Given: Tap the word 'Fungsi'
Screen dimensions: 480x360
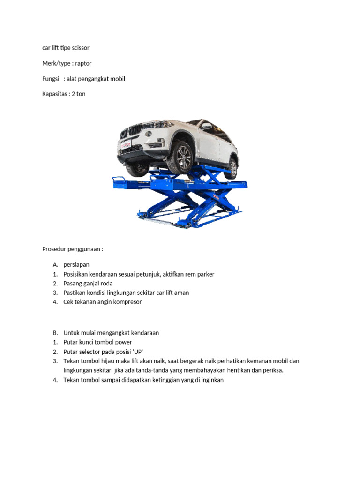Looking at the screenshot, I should pyautogui.click(x=51, y=79).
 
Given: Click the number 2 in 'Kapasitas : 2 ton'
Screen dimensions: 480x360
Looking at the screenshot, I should pyautogui.click(x=74, y=94).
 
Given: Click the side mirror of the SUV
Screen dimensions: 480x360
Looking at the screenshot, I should pyautogui.click(x=206, y=127).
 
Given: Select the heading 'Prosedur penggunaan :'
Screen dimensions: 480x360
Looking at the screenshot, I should pyautogui.click(x=72, y=249).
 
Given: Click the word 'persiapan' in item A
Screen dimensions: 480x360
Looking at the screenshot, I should pyautogui.click(x=76, y=265).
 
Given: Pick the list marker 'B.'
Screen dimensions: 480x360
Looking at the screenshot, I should pyautogui.click(x=55, y=333).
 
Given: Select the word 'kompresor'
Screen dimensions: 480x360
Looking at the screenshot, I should pyautogui.click(x=126, y=302).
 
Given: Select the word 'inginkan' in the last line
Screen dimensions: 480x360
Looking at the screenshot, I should pyautogui.click(x=212, y=380).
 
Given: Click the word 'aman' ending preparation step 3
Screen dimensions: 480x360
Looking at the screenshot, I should pyautogui.click(x=181, y=292).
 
